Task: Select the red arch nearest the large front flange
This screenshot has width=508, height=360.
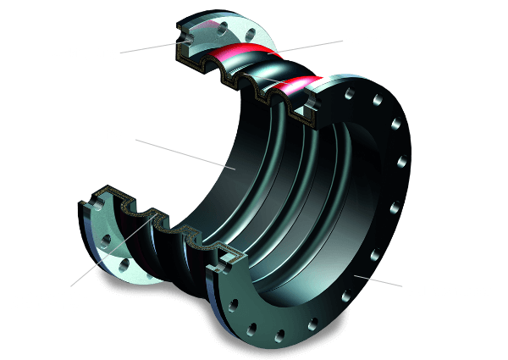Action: click(x=301, y=85)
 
